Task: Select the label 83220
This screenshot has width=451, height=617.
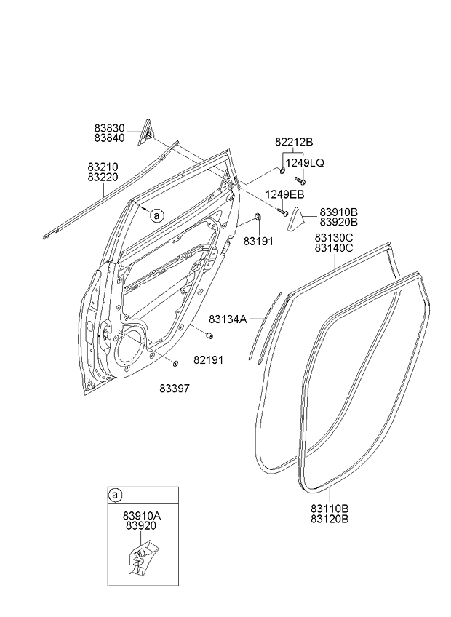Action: pos(103,177)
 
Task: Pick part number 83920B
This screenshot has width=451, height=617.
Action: pos(339,221)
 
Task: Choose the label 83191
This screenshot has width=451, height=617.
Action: pos(258,240)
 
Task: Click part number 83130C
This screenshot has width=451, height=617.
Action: pos(334,237)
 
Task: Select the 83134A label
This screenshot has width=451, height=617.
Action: pos(228,319)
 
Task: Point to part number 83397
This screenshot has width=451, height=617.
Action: pos(175,388)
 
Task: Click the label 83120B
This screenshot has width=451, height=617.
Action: pos(330,519)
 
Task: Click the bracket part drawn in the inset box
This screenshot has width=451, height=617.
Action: pos(143,557)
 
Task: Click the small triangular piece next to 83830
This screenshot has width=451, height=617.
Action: pos(145,130)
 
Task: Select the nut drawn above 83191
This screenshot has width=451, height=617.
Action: pos(258,218)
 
